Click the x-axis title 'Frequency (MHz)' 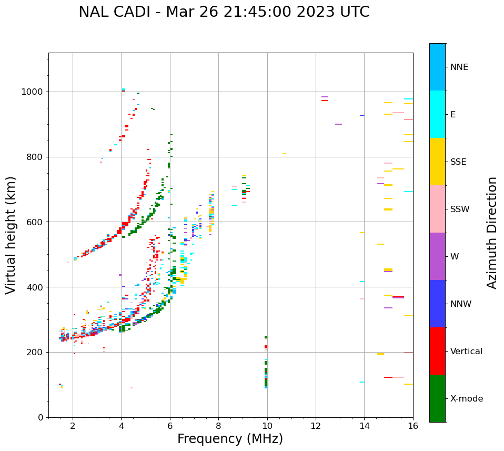(230, 439)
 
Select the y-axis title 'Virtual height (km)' (11, 235)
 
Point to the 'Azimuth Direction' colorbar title (492, 233)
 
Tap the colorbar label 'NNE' (459, 67)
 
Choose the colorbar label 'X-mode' (467, 399)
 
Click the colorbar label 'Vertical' (466, 352)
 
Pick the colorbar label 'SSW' (460, 209)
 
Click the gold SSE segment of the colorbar (437, 162)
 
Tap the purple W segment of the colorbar (437, 256)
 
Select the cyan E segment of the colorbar (437, 114)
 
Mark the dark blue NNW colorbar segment (437, 304)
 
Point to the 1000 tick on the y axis (34, 92)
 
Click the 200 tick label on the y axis (36, 353)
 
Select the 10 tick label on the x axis (267, 426)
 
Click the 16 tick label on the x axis (413, 426)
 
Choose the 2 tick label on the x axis (73, 426)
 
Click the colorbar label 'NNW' (461, 304)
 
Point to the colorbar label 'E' (453, 115)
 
